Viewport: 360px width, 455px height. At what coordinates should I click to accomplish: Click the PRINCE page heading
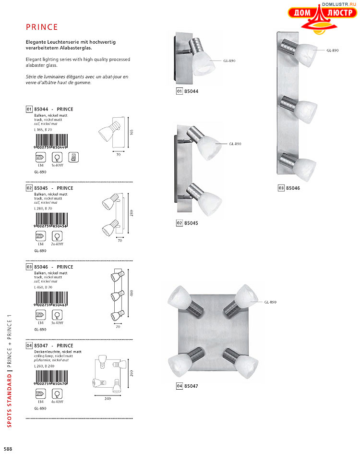(x=42, y=27)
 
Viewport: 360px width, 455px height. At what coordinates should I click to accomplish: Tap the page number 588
(x=8, y=449)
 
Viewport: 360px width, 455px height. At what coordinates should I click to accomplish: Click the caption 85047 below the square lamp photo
(x=191, y=386)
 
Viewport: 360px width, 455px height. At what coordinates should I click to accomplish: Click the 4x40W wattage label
(x=58, y=401)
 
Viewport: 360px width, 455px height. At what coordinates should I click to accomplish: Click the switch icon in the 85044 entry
(x=72, y=158)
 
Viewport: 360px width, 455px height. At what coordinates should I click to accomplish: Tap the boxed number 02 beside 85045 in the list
(x=29, y=188)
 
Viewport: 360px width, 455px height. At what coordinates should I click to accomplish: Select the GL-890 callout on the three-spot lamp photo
(x=333, y=50)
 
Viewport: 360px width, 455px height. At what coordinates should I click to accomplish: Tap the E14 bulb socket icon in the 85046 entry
(x=40, y=315)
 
